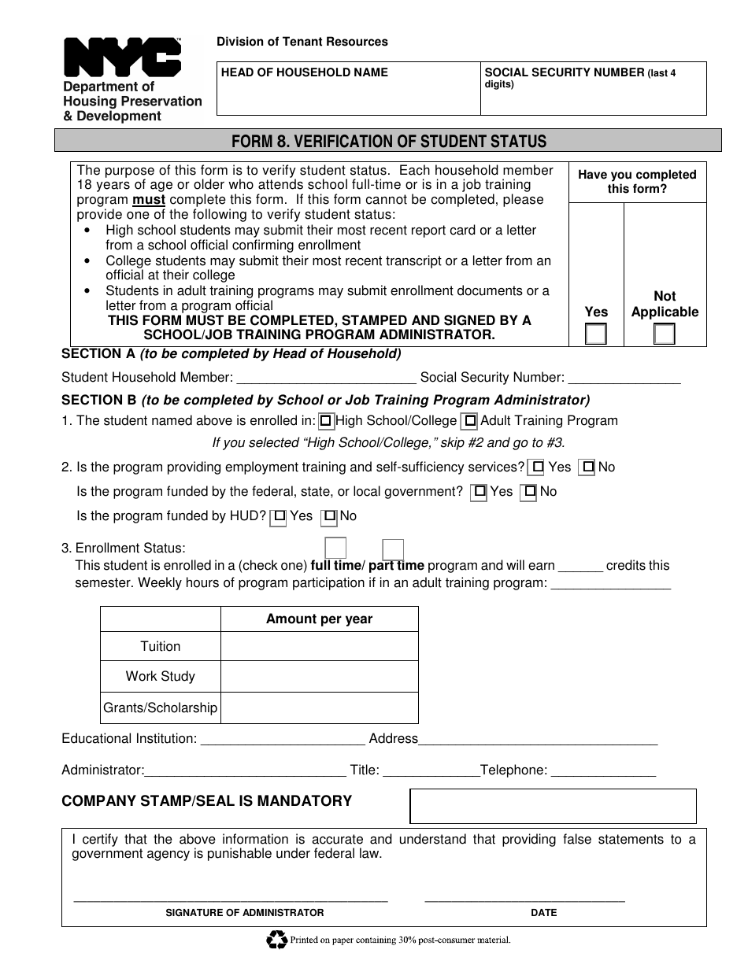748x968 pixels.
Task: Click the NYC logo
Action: pos(122,58)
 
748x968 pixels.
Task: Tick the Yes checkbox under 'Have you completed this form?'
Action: pos(596,334)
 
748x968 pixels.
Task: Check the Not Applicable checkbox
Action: pos(665,334)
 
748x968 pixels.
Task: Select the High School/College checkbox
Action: pos(326,421)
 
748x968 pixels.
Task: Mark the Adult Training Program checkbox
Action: pos(470,421)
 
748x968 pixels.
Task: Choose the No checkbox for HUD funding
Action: pos(331,517)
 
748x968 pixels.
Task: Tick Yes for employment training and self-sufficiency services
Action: pos(538,467)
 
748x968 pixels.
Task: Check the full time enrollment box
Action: pos(335,548)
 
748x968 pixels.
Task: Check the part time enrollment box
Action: pos(393,549)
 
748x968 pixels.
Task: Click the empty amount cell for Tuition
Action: pos(319,646)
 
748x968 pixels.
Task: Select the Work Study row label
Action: pos(161,676)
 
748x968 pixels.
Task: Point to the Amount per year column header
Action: pos(319,619)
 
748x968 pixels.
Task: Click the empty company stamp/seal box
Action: pos(553,806)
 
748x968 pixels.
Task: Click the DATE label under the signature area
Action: pos(543,913)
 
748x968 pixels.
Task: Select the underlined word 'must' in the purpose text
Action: pos(149,200)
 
